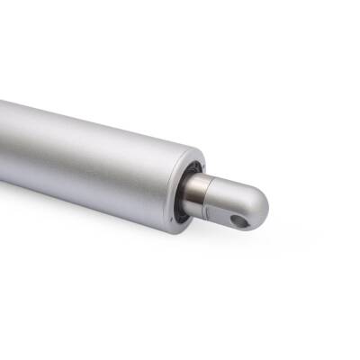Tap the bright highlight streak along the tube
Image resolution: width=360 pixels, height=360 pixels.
[x=90, y=135]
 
